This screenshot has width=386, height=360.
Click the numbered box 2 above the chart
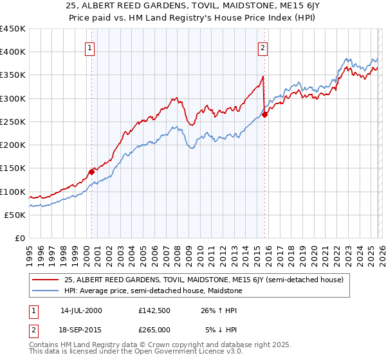point(263,47)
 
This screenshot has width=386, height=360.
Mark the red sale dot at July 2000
point(91,172)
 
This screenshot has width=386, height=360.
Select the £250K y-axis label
point(13,122)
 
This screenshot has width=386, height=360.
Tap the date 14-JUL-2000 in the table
point(81,310)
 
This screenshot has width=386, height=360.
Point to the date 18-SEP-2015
point(81,329)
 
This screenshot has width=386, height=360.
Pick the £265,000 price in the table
point(154,329)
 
